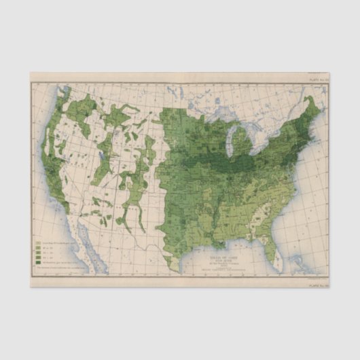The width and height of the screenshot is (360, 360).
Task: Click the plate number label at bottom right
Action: [317, 285]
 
